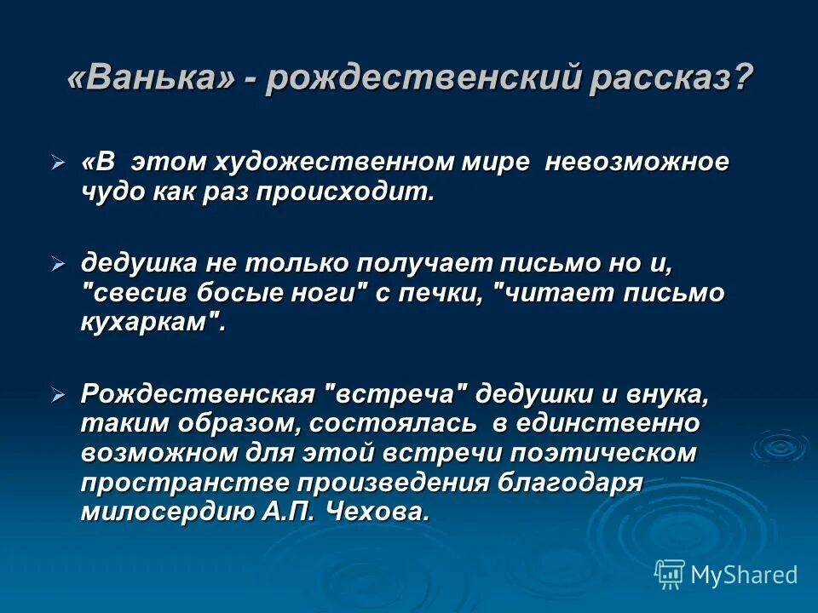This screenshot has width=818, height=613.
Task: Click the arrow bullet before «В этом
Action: coord(58,162)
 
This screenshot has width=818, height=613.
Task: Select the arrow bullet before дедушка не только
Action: coord(58,264)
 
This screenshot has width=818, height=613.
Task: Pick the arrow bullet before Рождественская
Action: coord(58,395)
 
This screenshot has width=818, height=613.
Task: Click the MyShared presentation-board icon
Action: coord(670,576)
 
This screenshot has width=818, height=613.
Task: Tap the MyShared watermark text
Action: coord(744,576)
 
